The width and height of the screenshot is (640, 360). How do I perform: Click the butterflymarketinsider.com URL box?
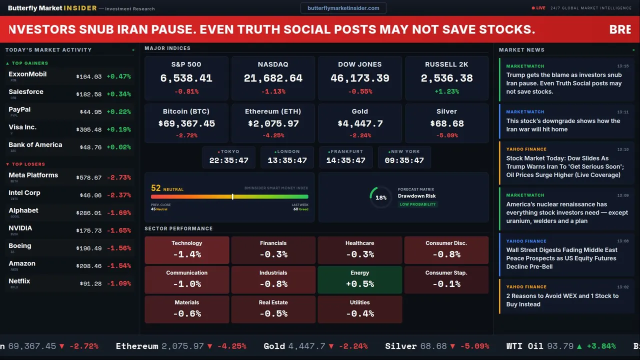343,8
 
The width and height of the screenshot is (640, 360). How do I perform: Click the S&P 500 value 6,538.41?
186,78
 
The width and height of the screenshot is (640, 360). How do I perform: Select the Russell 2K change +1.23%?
446,91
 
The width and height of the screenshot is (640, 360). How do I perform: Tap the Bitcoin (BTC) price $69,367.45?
186,123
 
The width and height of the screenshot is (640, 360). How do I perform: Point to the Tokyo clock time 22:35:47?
228,160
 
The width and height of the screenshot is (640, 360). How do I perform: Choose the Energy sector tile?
359,279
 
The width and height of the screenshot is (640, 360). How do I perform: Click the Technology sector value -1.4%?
186,254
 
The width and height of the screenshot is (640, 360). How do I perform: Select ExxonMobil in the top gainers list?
27,74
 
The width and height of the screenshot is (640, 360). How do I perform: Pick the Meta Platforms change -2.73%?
118,177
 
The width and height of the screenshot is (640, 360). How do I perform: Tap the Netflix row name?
19,281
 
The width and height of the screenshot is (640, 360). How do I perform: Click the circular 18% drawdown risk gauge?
381,197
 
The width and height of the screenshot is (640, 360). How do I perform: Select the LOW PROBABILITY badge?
417,204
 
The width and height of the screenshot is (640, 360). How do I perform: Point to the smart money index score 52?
156,188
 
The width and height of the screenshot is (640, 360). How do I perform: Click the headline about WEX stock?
562,300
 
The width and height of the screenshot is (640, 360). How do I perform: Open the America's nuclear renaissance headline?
567,212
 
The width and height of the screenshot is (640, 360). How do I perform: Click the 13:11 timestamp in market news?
622,112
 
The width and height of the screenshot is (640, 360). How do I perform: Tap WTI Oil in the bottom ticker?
524,346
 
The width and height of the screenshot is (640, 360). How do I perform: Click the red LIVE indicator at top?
538,8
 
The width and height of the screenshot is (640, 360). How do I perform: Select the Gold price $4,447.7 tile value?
360,123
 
